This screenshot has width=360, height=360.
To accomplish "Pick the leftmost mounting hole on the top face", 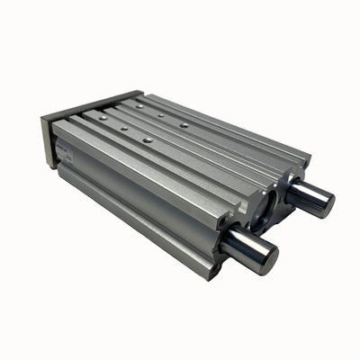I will click(103, 116).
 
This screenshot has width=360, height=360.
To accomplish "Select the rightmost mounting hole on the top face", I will click(184, 125).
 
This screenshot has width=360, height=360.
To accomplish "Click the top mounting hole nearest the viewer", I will click(147, 140).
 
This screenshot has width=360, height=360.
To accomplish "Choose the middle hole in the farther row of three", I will click(160, 114).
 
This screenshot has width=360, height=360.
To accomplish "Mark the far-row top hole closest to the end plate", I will click(139, 103).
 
